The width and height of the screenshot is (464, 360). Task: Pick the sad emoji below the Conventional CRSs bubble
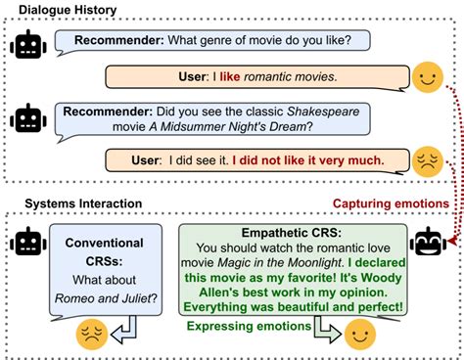click(92, 337)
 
